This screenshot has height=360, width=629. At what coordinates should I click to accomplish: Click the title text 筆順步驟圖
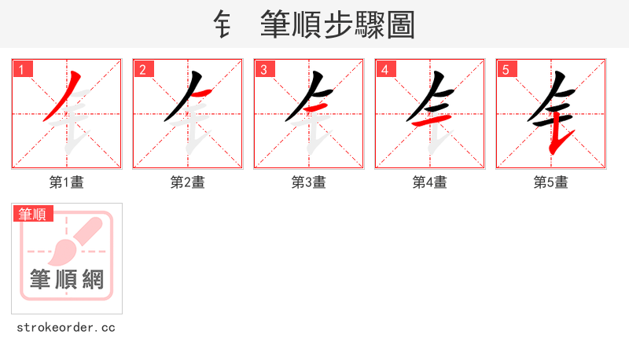pyautogui.click(x=337, y=25)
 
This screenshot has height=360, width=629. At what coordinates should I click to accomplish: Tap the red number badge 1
pyautogui.click(x=22, y=69)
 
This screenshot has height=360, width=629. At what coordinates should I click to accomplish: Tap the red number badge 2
pyautogui.click(x=143, y=69)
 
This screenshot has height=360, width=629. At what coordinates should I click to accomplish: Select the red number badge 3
pyautogui.click(x=264, y=69)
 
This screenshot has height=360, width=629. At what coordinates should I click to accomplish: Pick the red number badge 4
pyautogui.click(x=385, y=69)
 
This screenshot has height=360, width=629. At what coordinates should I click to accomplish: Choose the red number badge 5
pyautogui.click(x=506, y=69)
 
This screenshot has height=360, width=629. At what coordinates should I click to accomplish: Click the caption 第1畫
pyautogui.click(x=67, y=182)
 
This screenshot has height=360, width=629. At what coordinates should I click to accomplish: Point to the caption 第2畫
pyautogui.click(x=188, y=182)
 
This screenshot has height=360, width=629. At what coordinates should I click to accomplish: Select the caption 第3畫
pyautogui.click(x=309, y=182)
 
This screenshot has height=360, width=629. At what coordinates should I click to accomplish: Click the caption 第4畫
pyautogui.click(x=430, y=182)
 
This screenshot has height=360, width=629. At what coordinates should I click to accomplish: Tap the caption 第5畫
pyautogui.click(x=551, y=182)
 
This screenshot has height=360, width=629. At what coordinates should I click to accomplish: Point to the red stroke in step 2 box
pyautogui.click(x=200, y=94)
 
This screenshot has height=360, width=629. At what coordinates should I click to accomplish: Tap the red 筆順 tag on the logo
pyautogui.click(x=32, y=214)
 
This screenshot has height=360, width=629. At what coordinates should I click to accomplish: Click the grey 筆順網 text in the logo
pyautogui.click(x=67, y=279)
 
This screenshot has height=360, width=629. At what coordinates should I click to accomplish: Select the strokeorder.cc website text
pyautogui.click(x=66, y=327)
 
